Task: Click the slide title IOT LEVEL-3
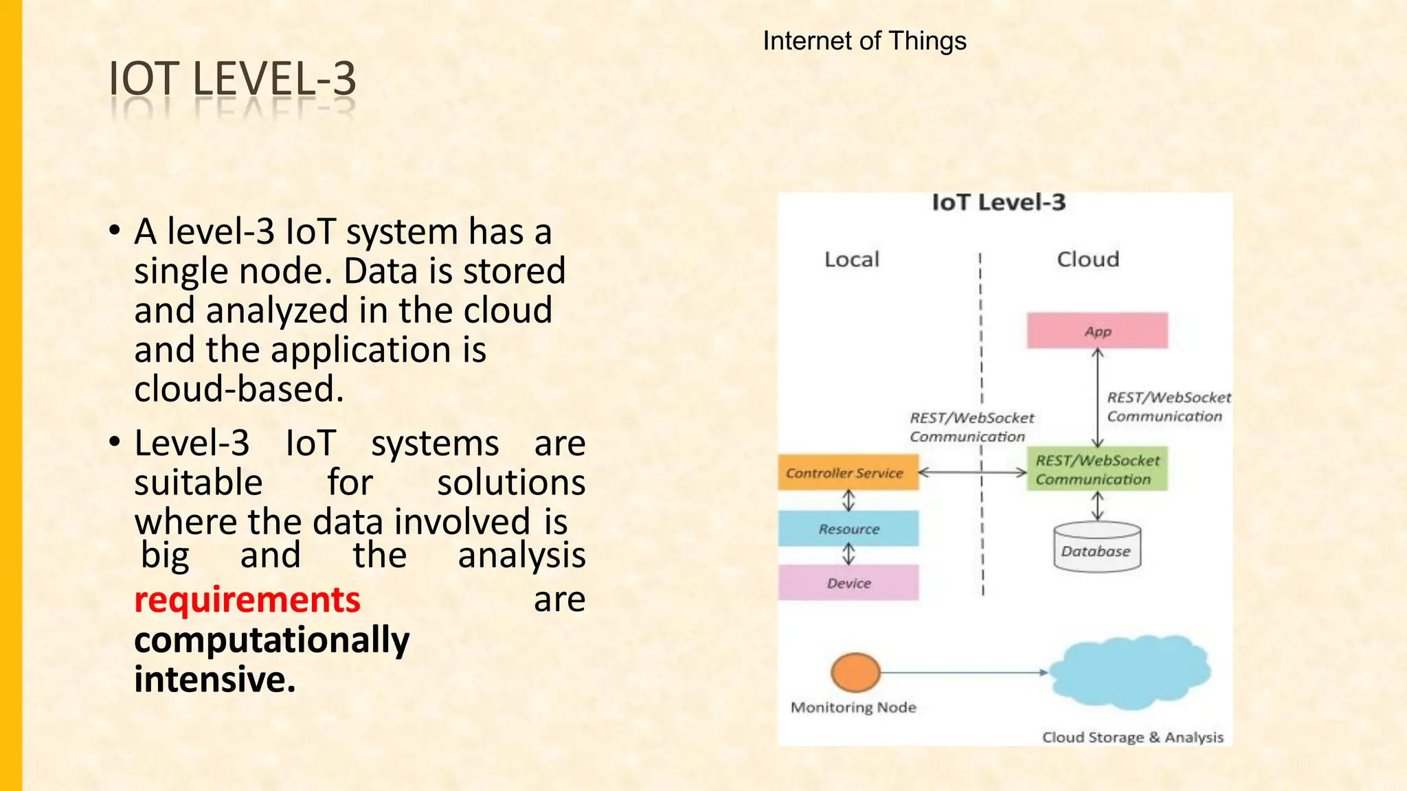[232, 78]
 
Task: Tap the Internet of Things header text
[864, 41]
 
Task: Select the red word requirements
[247, 600]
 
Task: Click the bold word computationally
[272, 640]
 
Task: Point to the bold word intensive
[214, 679]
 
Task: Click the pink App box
[1097, 331]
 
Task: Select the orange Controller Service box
[848, 472]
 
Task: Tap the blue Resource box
[848, 529]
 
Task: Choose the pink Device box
[848, 583]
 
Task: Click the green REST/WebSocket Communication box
[1097, 470]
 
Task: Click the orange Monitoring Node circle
[855, 672]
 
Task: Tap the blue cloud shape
[1129, 672]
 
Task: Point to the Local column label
[852, 260]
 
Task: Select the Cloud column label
[1088, 260]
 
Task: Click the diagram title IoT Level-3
[998, 203]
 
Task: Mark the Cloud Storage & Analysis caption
[1132, 737]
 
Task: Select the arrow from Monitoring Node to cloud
[962, 672]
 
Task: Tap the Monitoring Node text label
[853, 707]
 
